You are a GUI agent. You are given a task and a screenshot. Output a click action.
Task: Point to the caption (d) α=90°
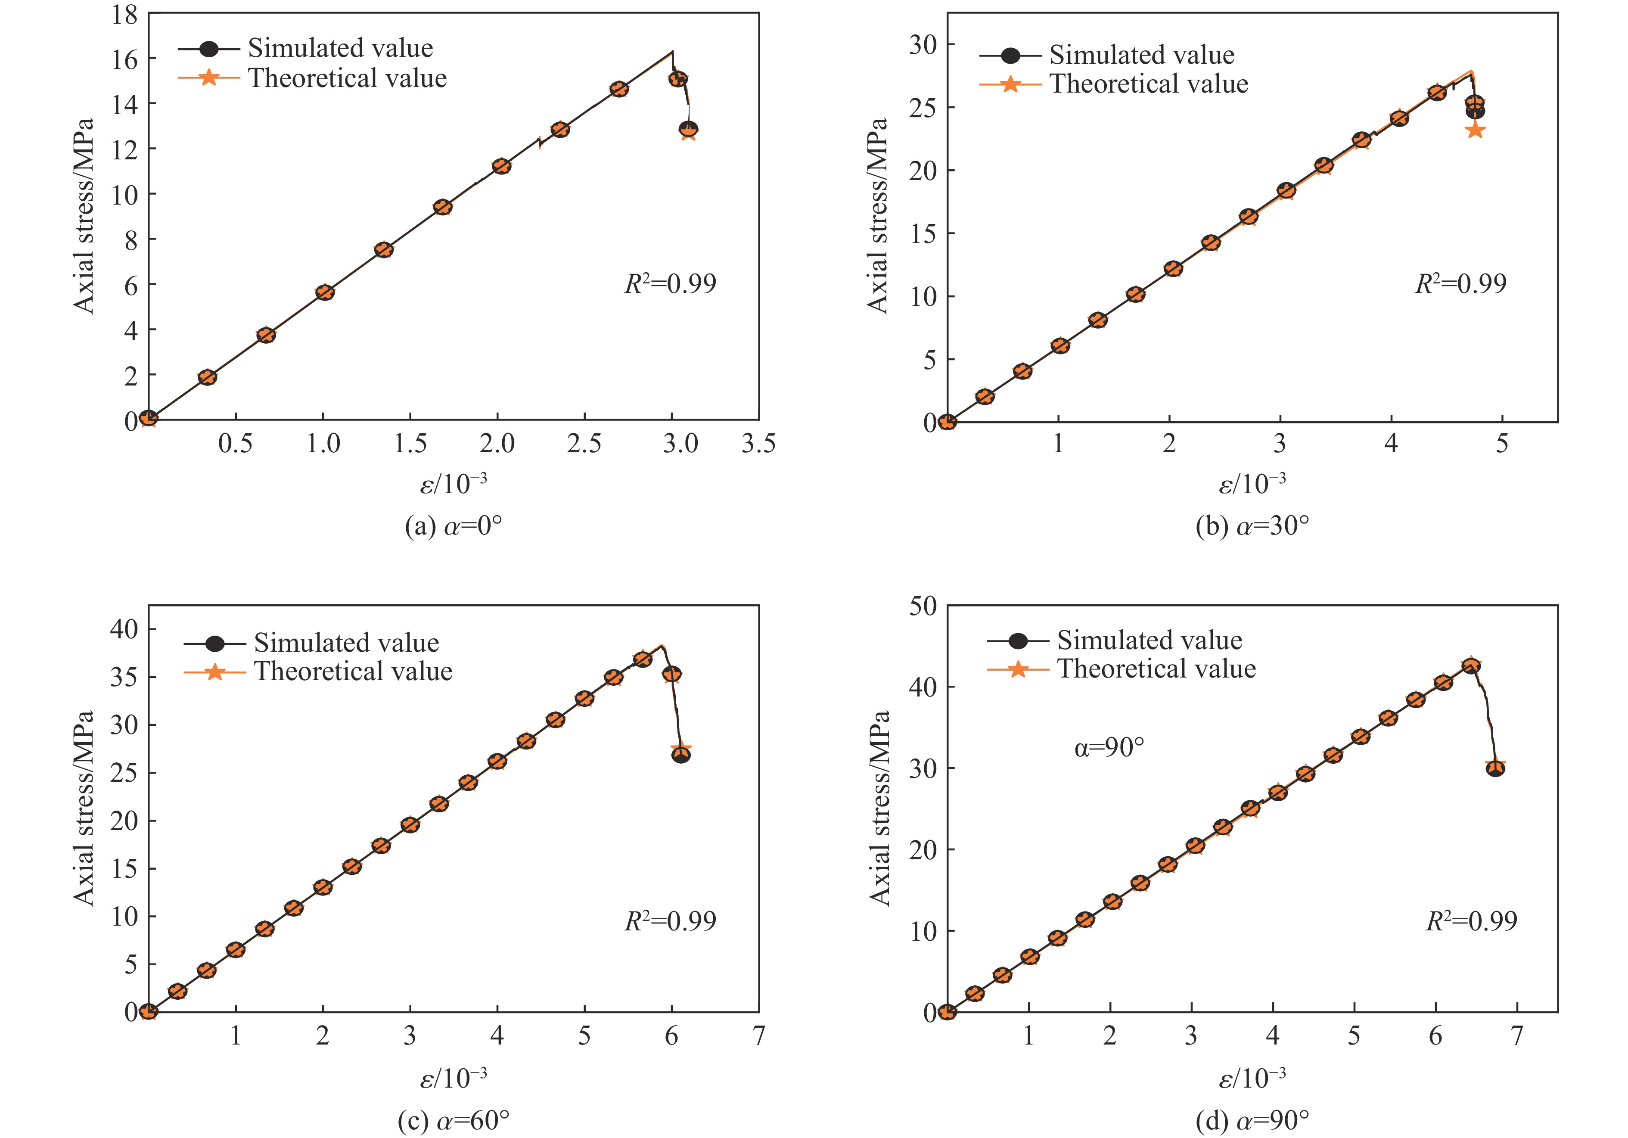pos(1252,1121)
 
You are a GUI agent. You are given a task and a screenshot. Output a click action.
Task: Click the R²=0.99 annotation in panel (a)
pos(670,283)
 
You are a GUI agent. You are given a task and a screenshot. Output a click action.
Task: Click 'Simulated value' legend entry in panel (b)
pos(1142,55)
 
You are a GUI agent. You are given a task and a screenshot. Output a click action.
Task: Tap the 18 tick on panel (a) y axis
pos(125,14)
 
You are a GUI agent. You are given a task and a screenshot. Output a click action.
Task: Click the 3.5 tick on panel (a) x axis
pos(758,444)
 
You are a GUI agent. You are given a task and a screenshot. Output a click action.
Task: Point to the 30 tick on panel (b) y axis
pos(923,45)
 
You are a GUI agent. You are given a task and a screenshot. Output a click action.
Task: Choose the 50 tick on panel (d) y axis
pos(923,606)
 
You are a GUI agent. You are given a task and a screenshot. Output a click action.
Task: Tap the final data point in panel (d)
pos(1495,768)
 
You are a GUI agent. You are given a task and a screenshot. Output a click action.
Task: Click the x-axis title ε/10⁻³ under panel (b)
pos(1252,484)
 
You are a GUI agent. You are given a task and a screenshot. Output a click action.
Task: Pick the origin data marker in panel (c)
pos(148,1011)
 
